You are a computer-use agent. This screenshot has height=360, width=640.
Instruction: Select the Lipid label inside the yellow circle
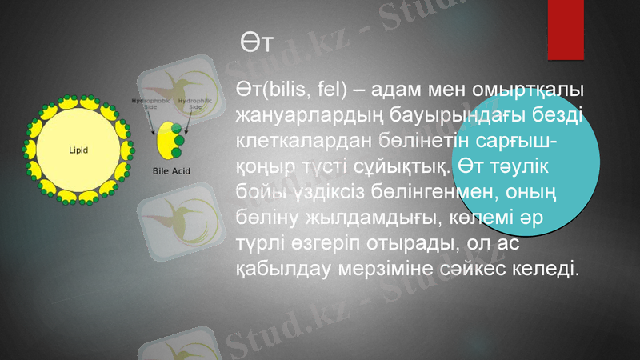coord(78,150)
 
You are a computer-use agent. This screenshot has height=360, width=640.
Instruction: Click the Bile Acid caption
coord(170,170)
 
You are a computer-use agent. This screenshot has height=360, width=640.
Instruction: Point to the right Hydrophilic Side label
coord(194,104)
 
